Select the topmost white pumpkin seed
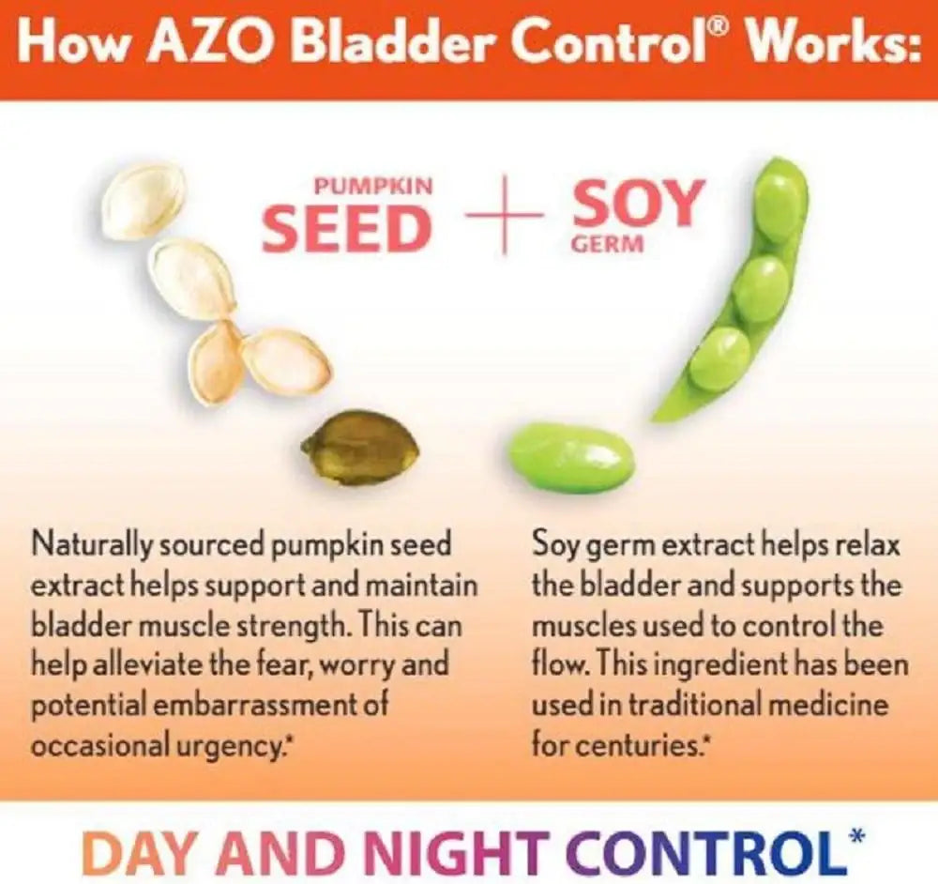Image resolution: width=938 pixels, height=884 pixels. point(144,198)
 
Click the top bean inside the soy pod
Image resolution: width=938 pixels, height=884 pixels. point(778,205)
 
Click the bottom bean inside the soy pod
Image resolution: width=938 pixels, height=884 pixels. point(719,358)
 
